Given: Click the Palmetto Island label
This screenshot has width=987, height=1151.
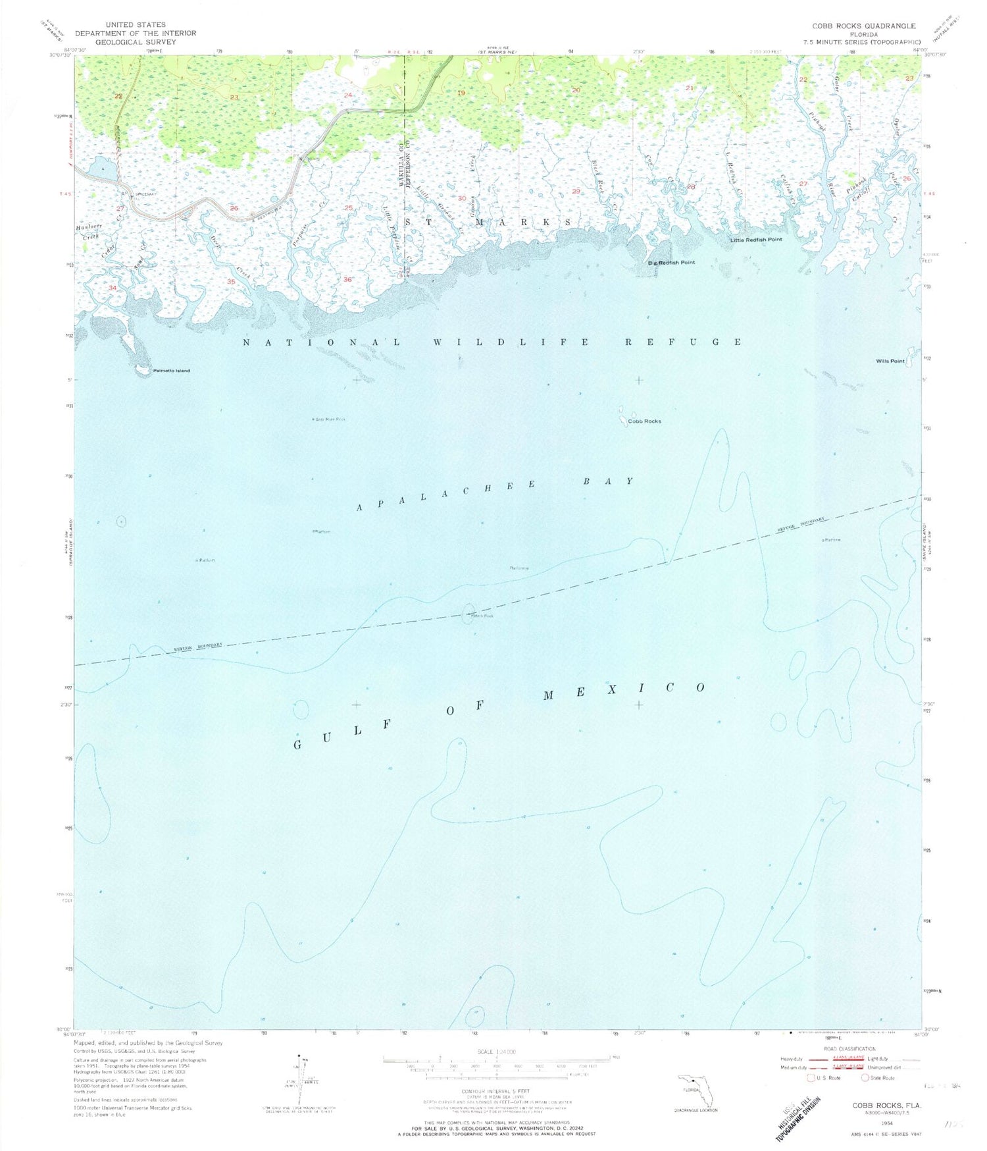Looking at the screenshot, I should pos(171,371).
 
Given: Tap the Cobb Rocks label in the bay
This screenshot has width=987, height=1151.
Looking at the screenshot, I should pos(644,421).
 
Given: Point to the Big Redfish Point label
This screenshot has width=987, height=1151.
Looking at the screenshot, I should pos(671,262).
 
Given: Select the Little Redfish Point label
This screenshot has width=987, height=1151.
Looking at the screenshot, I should pos(756,240).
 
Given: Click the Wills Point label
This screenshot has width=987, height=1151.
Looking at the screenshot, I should pos(890,361).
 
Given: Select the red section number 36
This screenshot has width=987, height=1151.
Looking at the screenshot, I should pos(347,279).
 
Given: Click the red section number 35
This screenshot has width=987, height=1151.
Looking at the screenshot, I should pos(231,281).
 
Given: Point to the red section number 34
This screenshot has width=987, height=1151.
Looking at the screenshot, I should pos(113,288).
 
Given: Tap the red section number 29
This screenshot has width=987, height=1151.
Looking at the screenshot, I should pos(576,191).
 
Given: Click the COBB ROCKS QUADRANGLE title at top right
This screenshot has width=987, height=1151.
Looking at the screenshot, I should pos(863,26).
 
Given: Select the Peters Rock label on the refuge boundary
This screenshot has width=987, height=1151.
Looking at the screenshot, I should pos(482,616).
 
